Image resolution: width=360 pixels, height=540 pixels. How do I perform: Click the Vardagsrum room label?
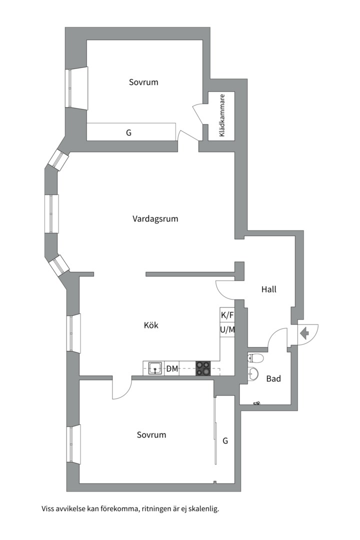(155, 218)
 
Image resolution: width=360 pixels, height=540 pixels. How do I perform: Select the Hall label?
(269, 289)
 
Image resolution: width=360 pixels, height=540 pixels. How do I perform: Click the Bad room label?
(273, 378)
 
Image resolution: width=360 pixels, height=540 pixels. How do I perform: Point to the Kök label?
(151, 325)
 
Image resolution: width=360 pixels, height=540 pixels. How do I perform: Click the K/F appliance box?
(227, 315)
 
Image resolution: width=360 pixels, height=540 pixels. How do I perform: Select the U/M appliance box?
(227, 330)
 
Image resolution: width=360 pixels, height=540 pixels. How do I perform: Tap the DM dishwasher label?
(172, 369)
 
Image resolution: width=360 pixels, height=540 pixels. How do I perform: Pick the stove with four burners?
(203, 368)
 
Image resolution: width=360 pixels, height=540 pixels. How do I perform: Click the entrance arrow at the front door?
(303, 332)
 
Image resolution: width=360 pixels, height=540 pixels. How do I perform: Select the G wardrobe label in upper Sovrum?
(128, 133)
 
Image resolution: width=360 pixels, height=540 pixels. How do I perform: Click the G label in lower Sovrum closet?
(225, 440)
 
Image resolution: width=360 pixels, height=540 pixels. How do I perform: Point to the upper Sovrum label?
(143, 82)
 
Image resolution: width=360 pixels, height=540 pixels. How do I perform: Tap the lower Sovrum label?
(151, 435)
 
